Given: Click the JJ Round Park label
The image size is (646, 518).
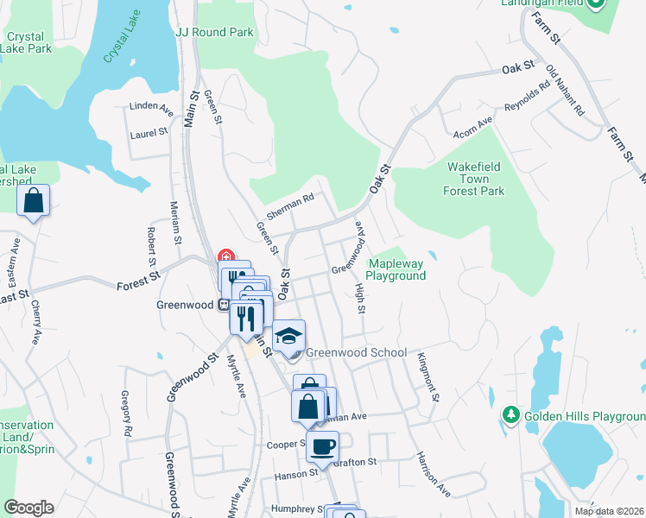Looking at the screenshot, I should pos(214,32).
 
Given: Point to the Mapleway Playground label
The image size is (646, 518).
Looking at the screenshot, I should pos(396,269).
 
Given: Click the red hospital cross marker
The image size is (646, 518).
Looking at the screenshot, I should pos(226,256).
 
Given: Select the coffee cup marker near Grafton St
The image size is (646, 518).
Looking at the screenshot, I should pos(322,447).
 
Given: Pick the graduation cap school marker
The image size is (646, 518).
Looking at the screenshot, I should pos(289,336).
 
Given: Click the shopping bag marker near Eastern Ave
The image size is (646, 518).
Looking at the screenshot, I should pos(33,201).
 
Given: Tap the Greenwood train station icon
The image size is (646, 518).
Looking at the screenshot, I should pos(222,304).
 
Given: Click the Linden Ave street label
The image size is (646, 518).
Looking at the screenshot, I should pos(146,106).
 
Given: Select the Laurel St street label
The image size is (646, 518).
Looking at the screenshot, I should pos(148,133).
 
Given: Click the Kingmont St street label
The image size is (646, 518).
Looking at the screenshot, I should pos(428,376).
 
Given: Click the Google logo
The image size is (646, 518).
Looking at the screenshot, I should pos(28,508).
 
